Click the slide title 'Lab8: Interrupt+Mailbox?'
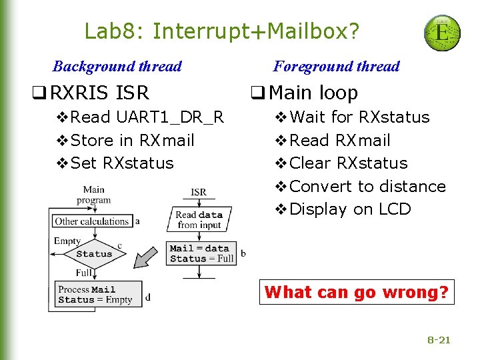221,31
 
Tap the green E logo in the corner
442,33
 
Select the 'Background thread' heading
117,66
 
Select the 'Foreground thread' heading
336,66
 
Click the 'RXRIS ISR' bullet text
99,93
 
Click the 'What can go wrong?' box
356,292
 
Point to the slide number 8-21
439,340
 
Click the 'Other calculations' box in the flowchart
91,221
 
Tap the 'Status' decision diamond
94,254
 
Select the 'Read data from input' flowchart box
199,220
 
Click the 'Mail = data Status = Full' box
201,253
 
